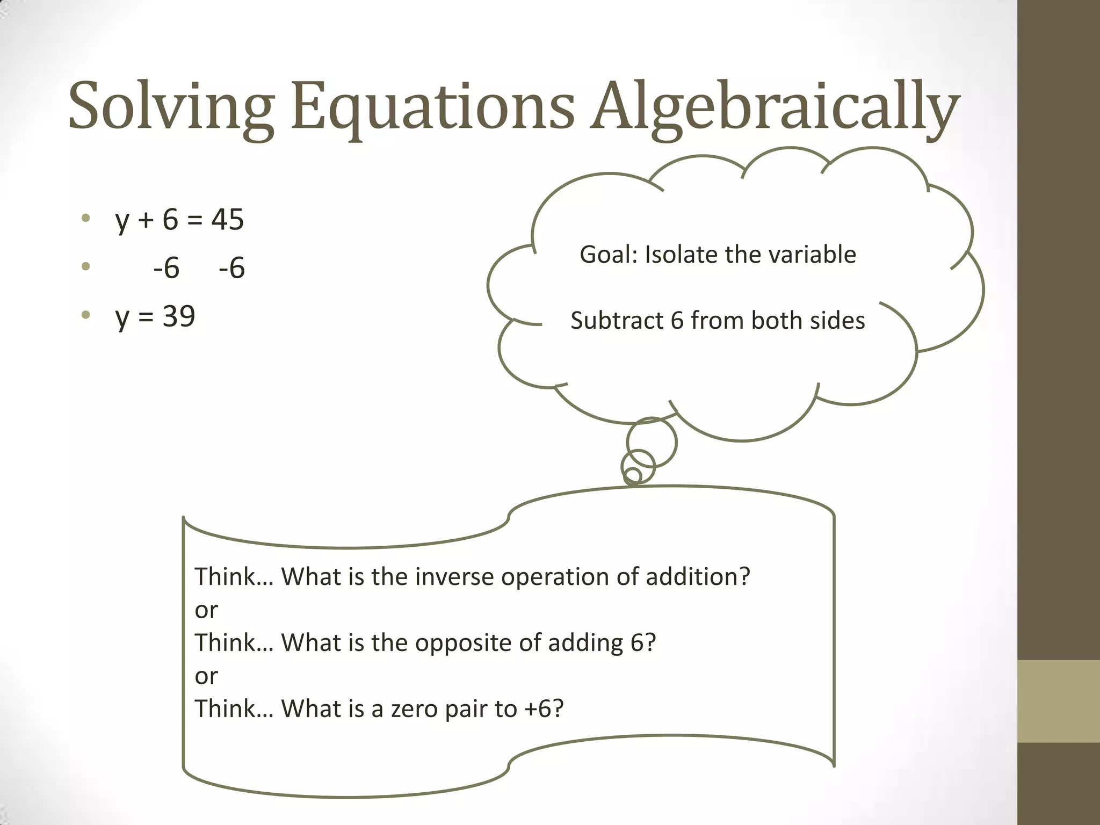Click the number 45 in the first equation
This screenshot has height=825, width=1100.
coord(227,220)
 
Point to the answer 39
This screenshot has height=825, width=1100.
coord(179,316)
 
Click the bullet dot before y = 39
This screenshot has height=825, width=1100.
coord(85,314)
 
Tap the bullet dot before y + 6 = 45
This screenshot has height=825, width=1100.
coord(85,218)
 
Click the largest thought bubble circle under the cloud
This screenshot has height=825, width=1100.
coord(652,443)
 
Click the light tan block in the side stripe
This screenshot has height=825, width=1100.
coord(1058,701)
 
